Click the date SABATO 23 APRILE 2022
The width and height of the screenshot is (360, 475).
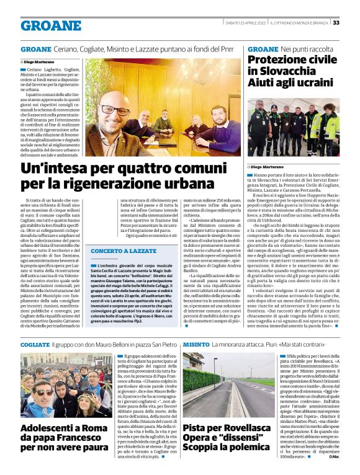click(x=240, y=23)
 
